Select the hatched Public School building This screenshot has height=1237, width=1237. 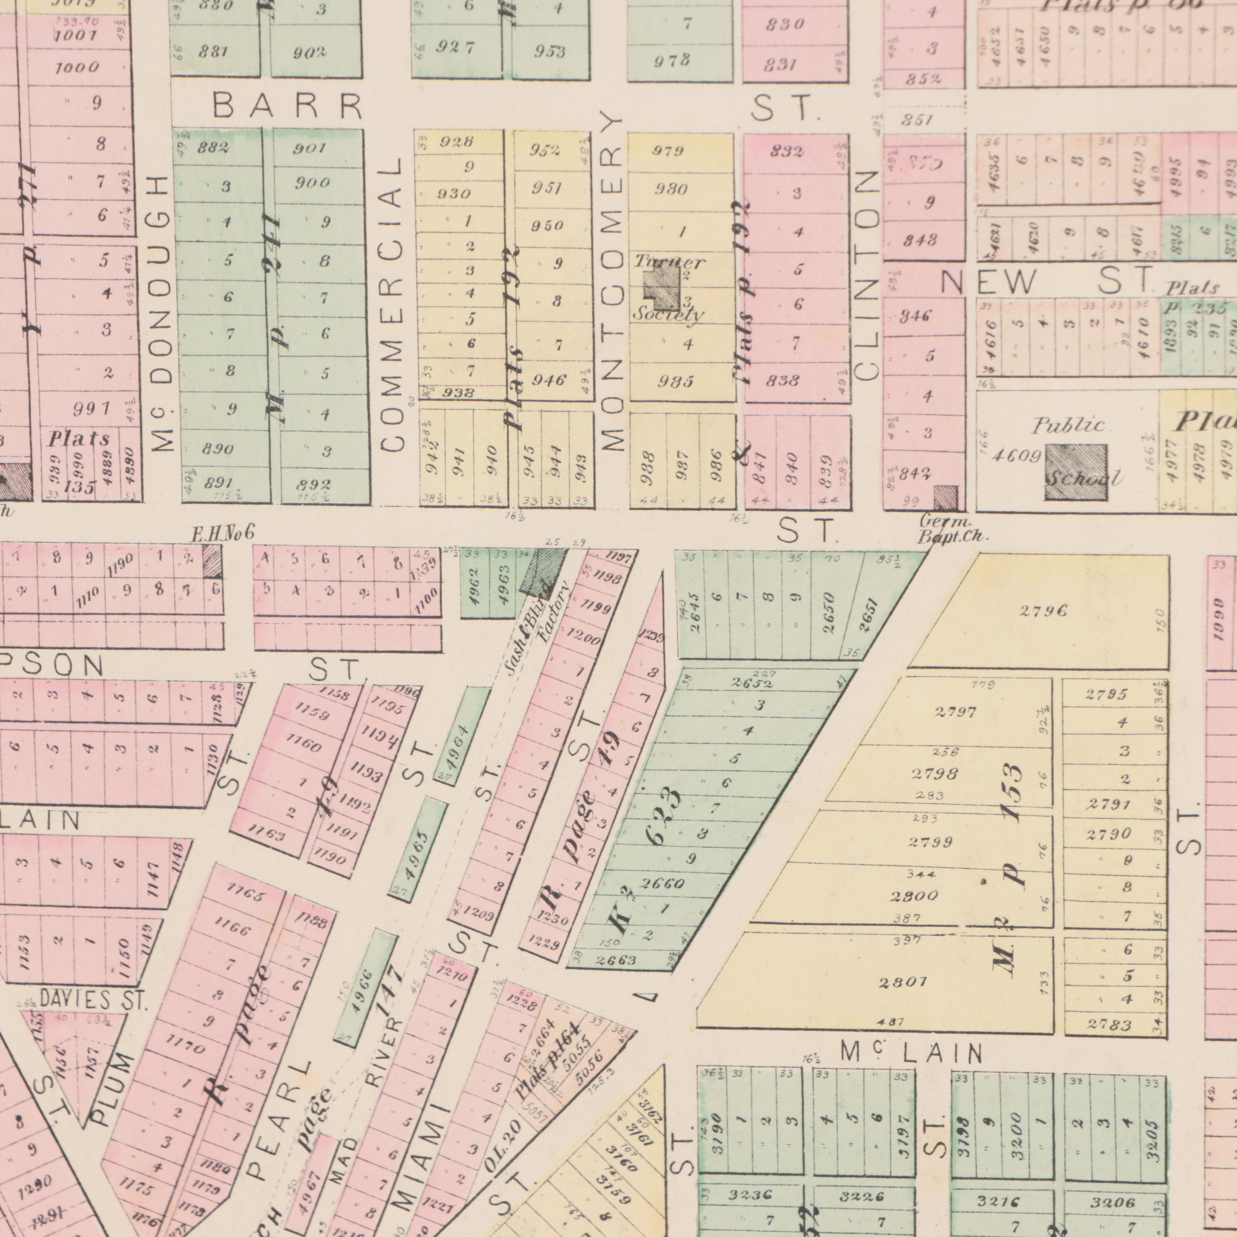tap(1076, 472)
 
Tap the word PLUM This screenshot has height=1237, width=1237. tap(113, 1089)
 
